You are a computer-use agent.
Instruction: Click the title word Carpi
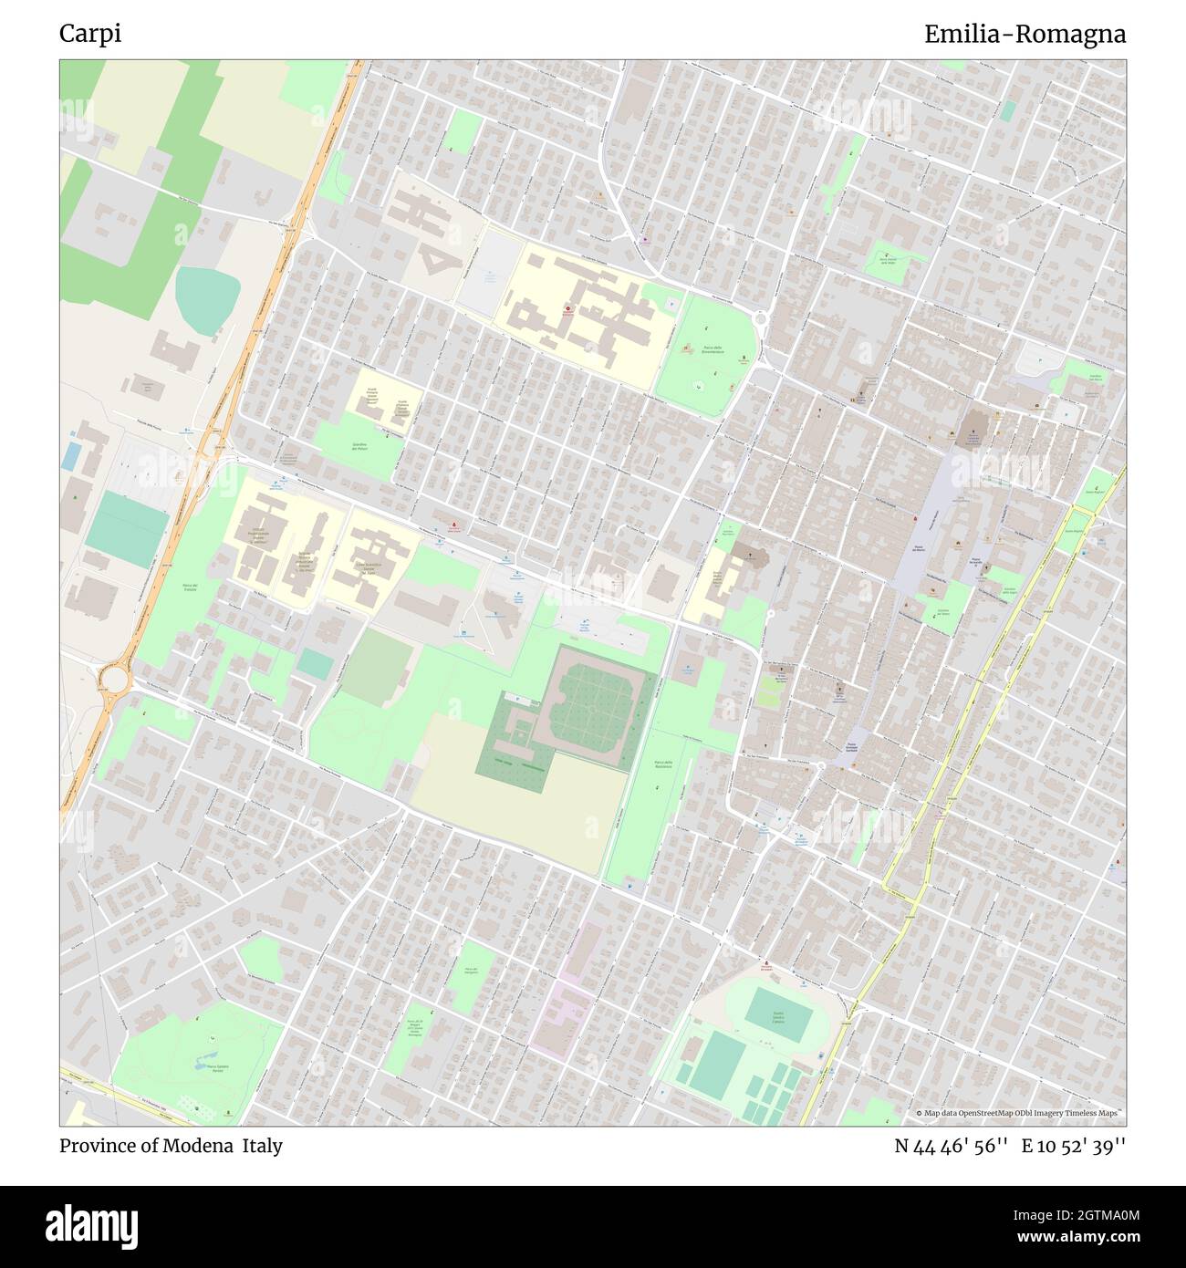90,34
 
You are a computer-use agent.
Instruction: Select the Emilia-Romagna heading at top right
1025,34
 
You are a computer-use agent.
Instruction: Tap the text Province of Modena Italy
171,1146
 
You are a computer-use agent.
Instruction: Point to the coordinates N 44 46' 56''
951,1146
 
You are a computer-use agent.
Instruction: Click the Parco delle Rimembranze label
713,349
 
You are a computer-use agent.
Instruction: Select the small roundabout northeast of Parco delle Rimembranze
760,318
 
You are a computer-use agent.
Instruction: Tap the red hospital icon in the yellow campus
569,310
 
